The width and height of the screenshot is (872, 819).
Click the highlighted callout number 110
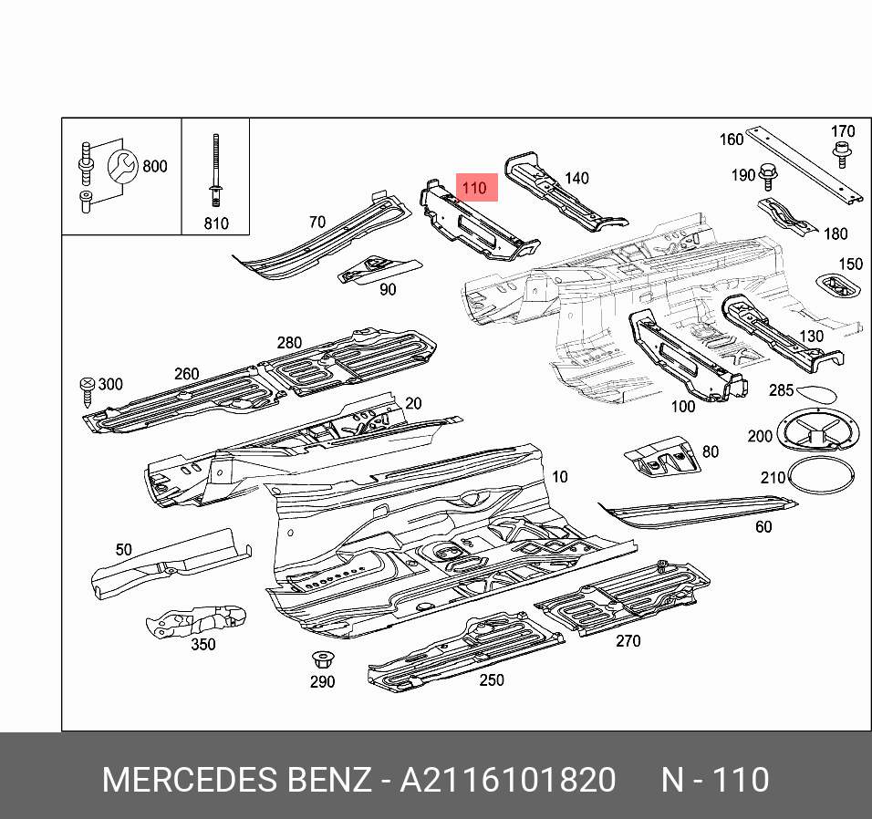pos(474,188)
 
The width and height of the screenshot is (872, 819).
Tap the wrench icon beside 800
pos(122,166)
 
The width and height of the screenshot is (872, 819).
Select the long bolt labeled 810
pos(215,173)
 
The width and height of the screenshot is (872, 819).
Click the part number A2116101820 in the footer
pos(509,781)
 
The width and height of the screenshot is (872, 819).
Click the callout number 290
pos(322,681)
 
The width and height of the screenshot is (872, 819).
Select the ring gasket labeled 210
pos(820,478)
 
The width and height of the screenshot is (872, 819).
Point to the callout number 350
pos(202,644)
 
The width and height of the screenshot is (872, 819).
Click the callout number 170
pos(843,131)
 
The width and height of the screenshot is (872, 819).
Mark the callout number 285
pos(781,390)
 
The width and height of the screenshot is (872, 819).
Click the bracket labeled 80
pos(663,456)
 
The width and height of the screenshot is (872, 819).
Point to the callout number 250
pos(492,679)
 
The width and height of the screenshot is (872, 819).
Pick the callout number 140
pos(576,178)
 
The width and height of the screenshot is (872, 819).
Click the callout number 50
pos(123,549)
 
